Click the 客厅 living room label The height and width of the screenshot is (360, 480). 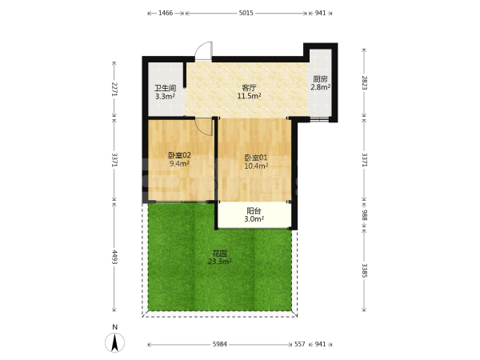click(249, 88)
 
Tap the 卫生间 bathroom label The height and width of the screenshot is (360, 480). click(165, 89)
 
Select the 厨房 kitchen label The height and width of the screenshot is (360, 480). click(320, 79)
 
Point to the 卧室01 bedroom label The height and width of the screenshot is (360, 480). click(256, 158)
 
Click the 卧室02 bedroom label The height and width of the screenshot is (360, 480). click(179, 155)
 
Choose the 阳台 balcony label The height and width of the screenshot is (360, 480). click(254, 211)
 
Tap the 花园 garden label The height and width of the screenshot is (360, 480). click(219, 254)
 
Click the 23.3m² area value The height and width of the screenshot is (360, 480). click(219, 262)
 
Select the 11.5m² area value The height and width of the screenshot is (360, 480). click(249, 96)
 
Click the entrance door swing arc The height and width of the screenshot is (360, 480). click(202, 50)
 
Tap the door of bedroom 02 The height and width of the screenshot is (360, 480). click(204, 126)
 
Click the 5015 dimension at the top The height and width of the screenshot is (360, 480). click(246, 13)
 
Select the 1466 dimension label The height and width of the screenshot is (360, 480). click(166, 13)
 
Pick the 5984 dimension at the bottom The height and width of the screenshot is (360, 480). click(219, 344)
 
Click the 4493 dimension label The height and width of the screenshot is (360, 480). click(114, 257)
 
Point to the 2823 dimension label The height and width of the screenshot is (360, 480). click(364, 82)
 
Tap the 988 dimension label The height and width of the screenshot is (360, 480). click(364, 215)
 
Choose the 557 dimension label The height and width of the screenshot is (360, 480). click(300, 344)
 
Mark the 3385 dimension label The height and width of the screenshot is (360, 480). click(364, 270)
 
